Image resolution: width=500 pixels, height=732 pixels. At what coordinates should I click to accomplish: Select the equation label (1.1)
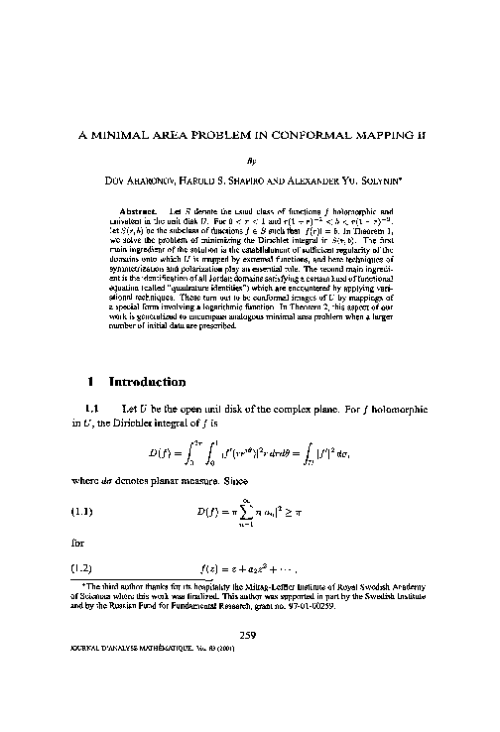click(83, 514)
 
